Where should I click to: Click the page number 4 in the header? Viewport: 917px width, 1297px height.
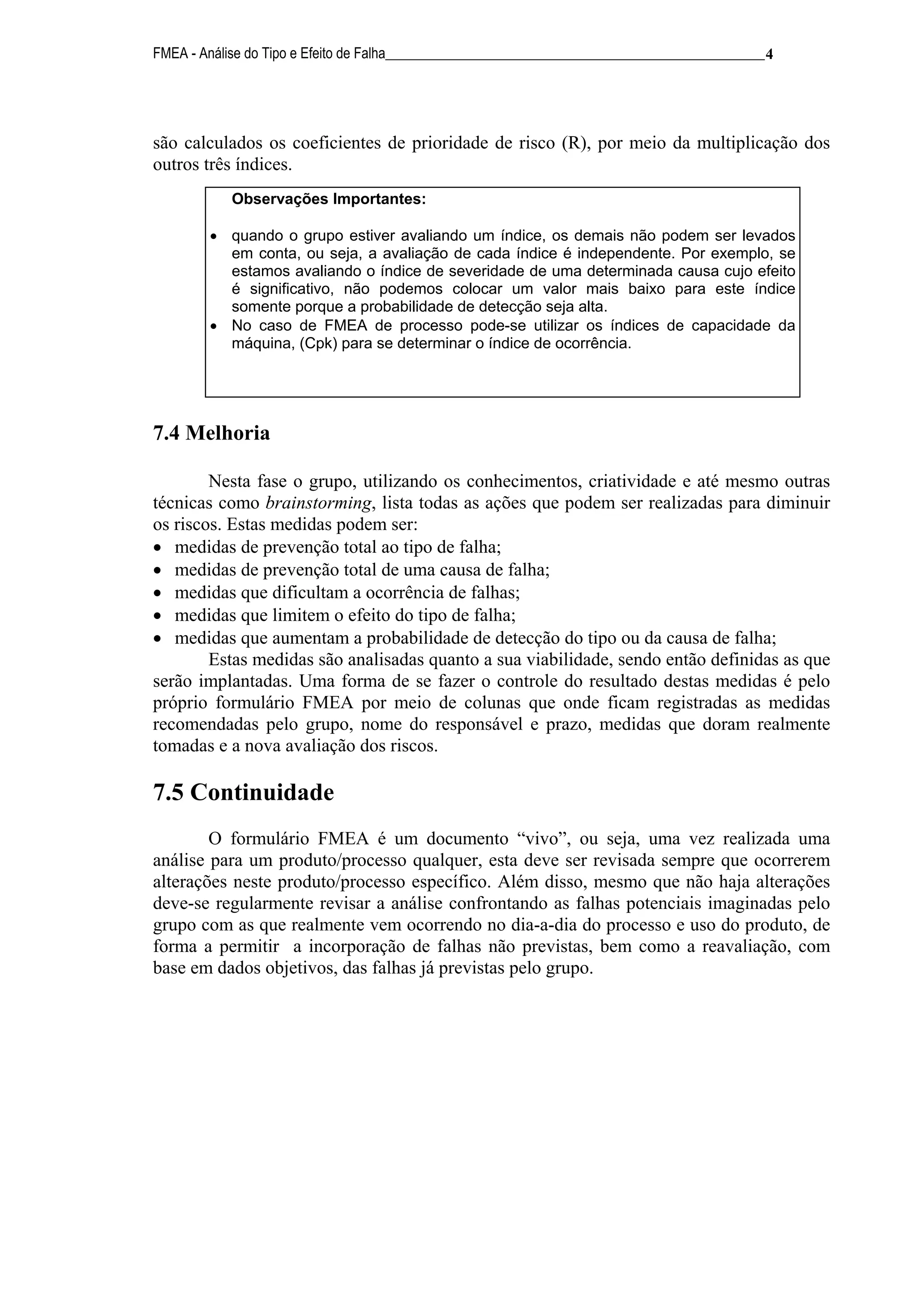[768, 55]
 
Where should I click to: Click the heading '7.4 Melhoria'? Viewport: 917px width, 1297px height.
[211, 433]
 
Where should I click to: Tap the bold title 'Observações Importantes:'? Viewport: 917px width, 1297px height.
[329, 200]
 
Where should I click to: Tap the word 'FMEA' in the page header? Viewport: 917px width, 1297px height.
[170, 54]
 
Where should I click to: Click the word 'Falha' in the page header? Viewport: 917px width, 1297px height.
[371, 54]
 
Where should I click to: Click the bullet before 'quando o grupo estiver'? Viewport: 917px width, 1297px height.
[214, 236]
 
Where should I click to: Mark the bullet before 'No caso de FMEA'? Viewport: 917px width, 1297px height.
[214, 327]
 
